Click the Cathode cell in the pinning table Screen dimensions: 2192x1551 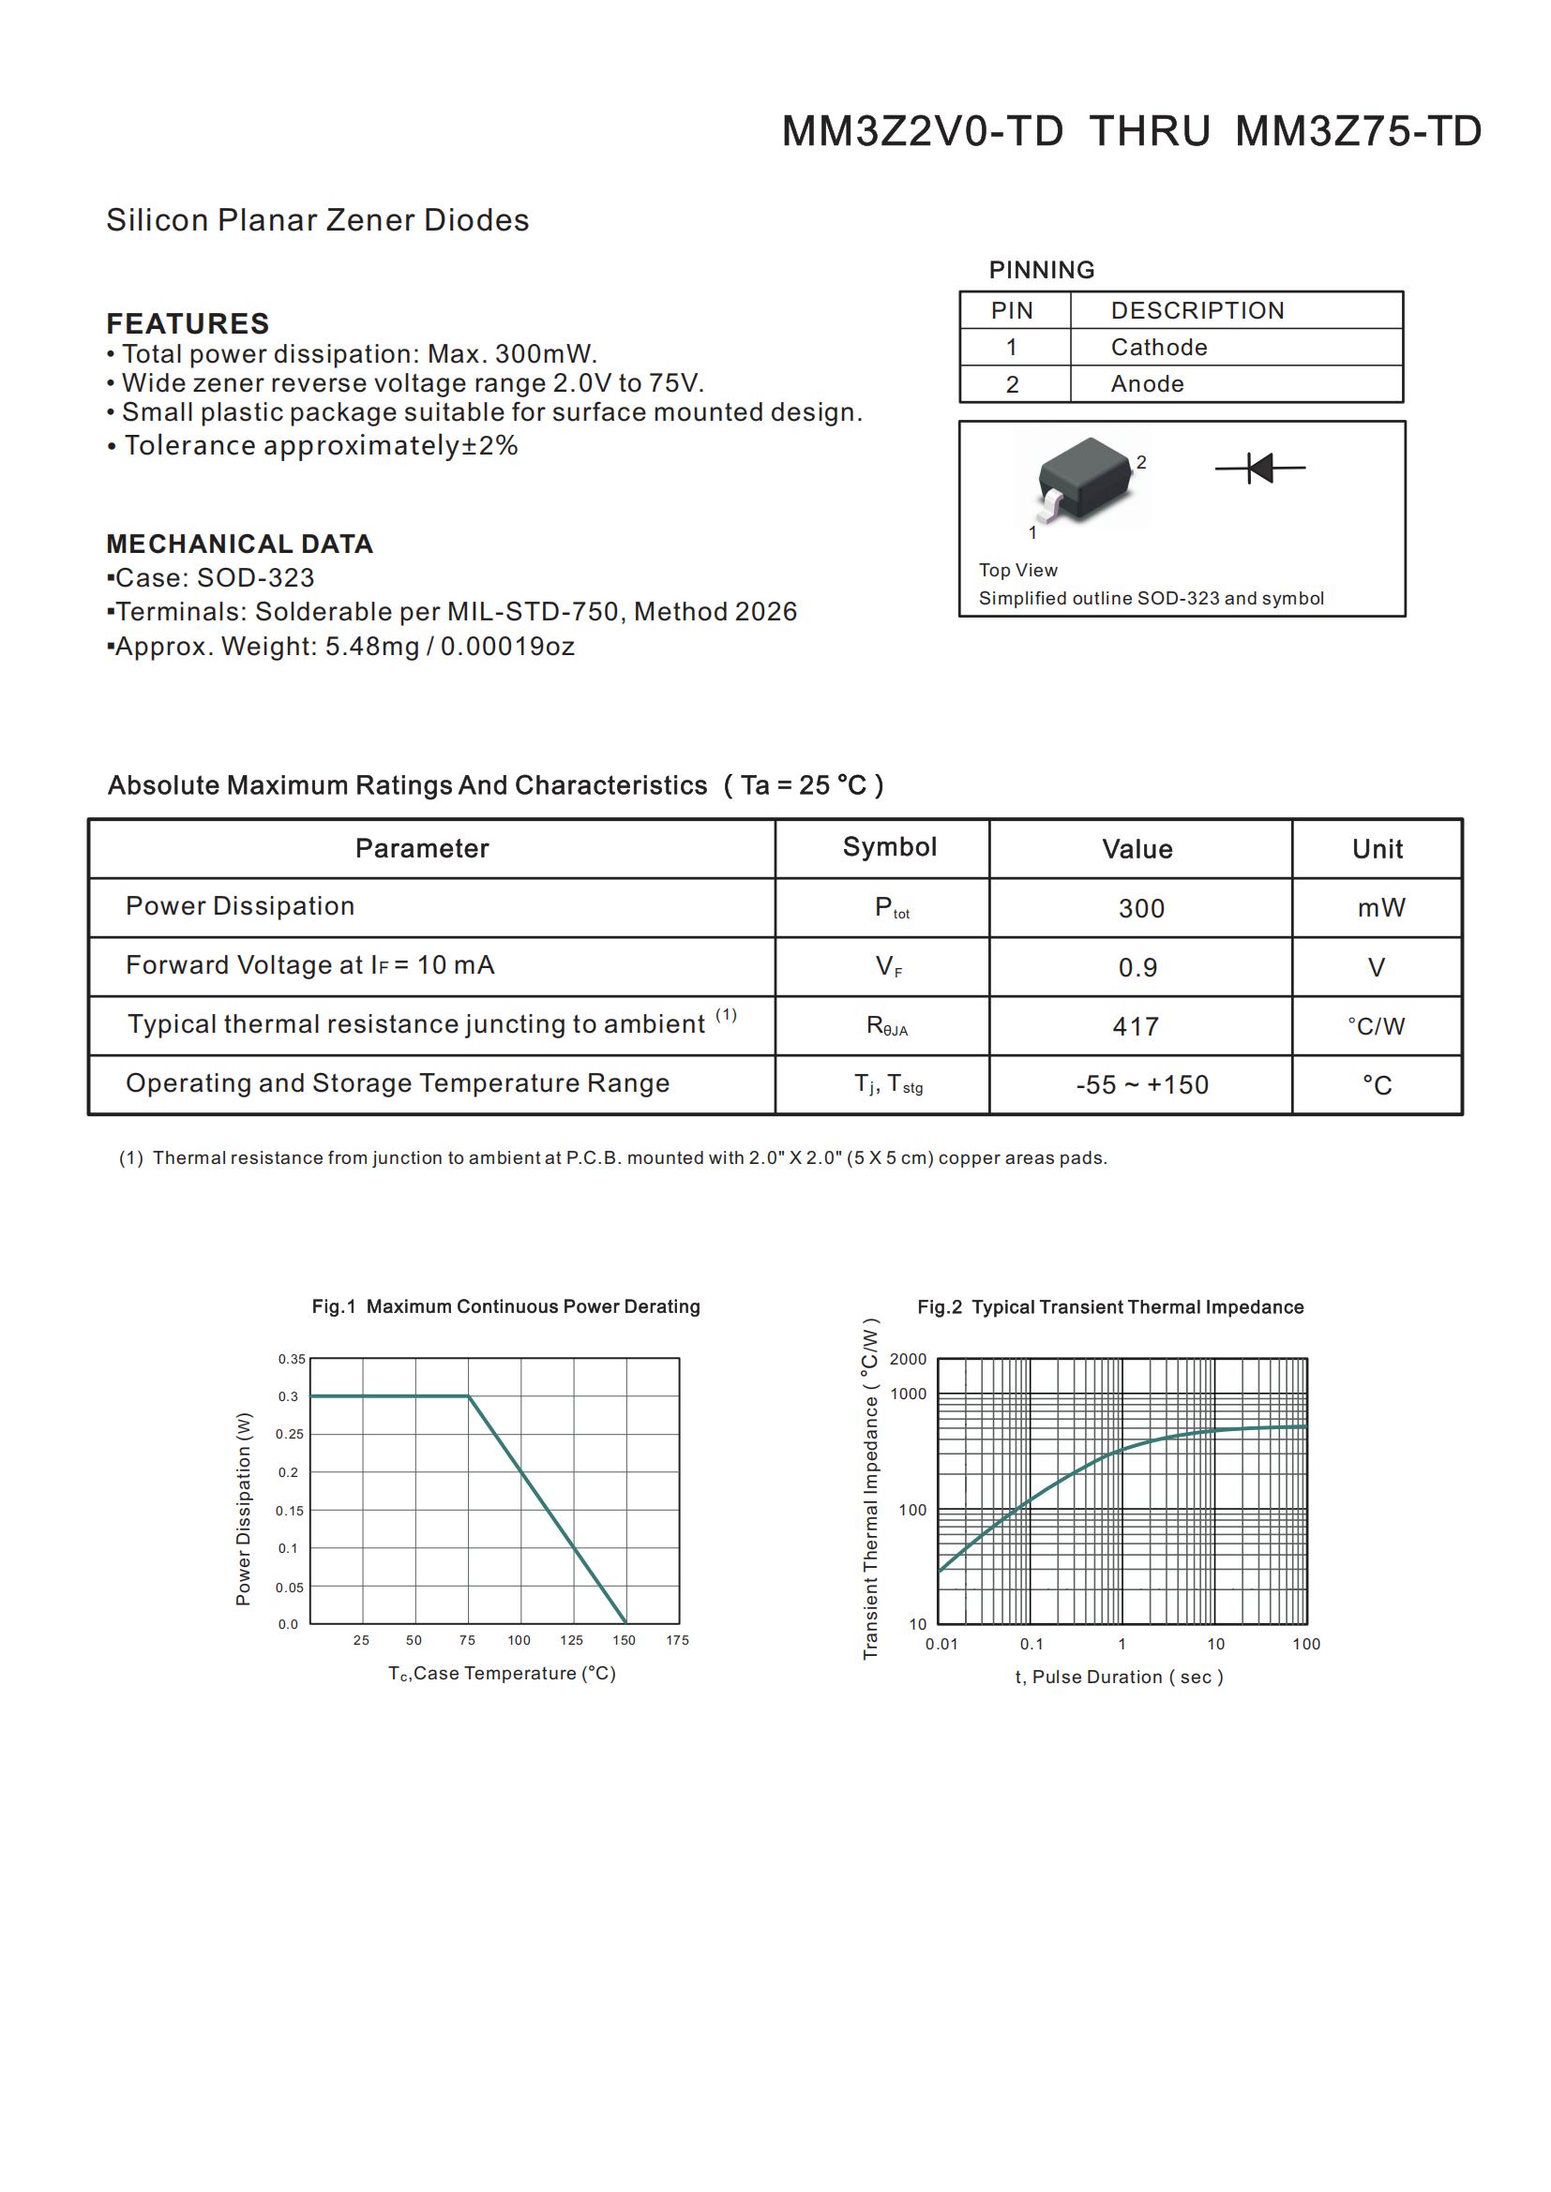(x=1158, y=348)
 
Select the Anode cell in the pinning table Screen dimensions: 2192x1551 (x=1147, y=384)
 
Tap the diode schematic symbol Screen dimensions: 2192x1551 (x=1259, y=468)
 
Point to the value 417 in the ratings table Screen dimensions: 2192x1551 (x=1136, y=1026)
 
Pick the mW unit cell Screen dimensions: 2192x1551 (x=1380, y=908)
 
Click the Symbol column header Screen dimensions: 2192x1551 (x=889, y=847)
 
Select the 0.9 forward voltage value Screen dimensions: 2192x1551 (x=1137, y=967)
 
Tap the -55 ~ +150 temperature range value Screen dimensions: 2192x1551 (x=1141, y=1084)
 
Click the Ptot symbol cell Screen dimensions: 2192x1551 (x=890, y=908)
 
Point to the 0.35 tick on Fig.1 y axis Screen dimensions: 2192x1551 (x=292, y=1359)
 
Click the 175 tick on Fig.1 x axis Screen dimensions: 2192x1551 (x=677, y=1640)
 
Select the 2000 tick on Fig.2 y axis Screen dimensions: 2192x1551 (x=908, y=1360)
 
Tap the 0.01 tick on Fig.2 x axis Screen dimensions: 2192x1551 (x=941, y=1644)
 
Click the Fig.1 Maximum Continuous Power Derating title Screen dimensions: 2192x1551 (x=505, y=1306)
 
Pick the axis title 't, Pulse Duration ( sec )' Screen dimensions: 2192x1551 (x=1119, y=1677)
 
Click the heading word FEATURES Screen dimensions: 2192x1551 (x=188, y=323)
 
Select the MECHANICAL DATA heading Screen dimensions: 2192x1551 (x=239, y=544)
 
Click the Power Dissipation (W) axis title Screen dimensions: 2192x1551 (x=244, y=1509)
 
